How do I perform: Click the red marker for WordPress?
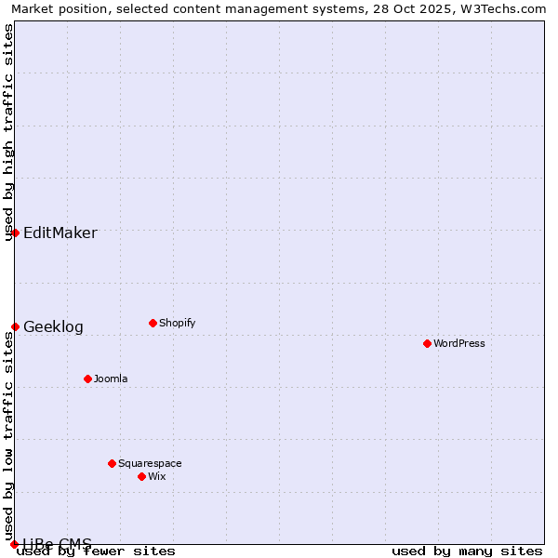point(427,343)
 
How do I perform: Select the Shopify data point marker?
point(153,323)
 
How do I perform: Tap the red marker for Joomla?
point(87,379)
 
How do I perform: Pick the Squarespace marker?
point(112,463)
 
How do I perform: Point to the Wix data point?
point(141,476)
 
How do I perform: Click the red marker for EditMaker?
point(15,232)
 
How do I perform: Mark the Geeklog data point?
point(15,326)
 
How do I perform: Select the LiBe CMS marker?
point(15,544)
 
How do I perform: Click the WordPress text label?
point(459,343)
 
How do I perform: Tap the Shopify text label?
point(178,323)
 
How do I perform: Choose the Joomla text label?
point(111,379)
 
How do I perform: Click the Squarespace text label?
point(150,463)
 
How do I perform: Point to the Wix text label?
point(157,476)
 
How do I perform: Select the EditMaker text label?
point(60,232)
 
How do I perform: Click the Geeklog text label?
point(53,326)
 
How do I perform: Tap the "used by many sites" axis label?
point(467,551)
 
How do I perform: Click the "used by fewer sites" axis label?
point(97,551)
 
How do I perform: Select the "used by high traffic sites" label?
point(8,133)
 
